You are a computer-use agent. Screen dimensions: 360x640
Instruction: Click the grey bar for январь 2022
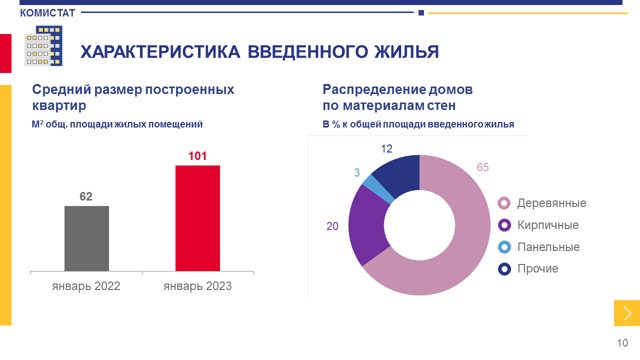click(86, 238)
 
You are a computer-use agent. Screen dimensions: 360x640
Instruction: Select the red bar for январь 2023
click(197, 218)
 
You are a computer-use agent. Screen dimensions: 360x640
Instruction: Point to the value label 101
click(197, 156)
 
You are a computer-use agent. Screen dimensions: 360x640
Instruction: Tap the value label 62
click(86, 196)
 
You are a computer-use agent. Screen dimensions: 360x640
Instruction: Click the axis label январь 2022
click(86, 286)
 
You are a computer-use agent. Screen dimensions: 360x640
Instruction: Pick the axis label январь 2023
click(197, 286)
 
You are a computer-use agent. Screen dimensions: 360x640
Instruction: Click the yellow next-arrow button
click(627, 313)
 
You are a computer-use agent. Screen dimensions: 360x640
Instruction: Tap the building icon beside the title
click(43, 46)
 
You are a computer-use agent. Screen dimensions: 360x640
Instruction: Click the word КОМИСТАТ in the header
click(47, 13)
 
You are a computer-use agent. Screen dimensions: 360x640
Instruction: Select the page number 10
click(622, 343)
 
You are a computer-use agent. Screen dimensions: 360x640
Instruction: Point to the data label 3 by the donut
click(357, 172)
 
